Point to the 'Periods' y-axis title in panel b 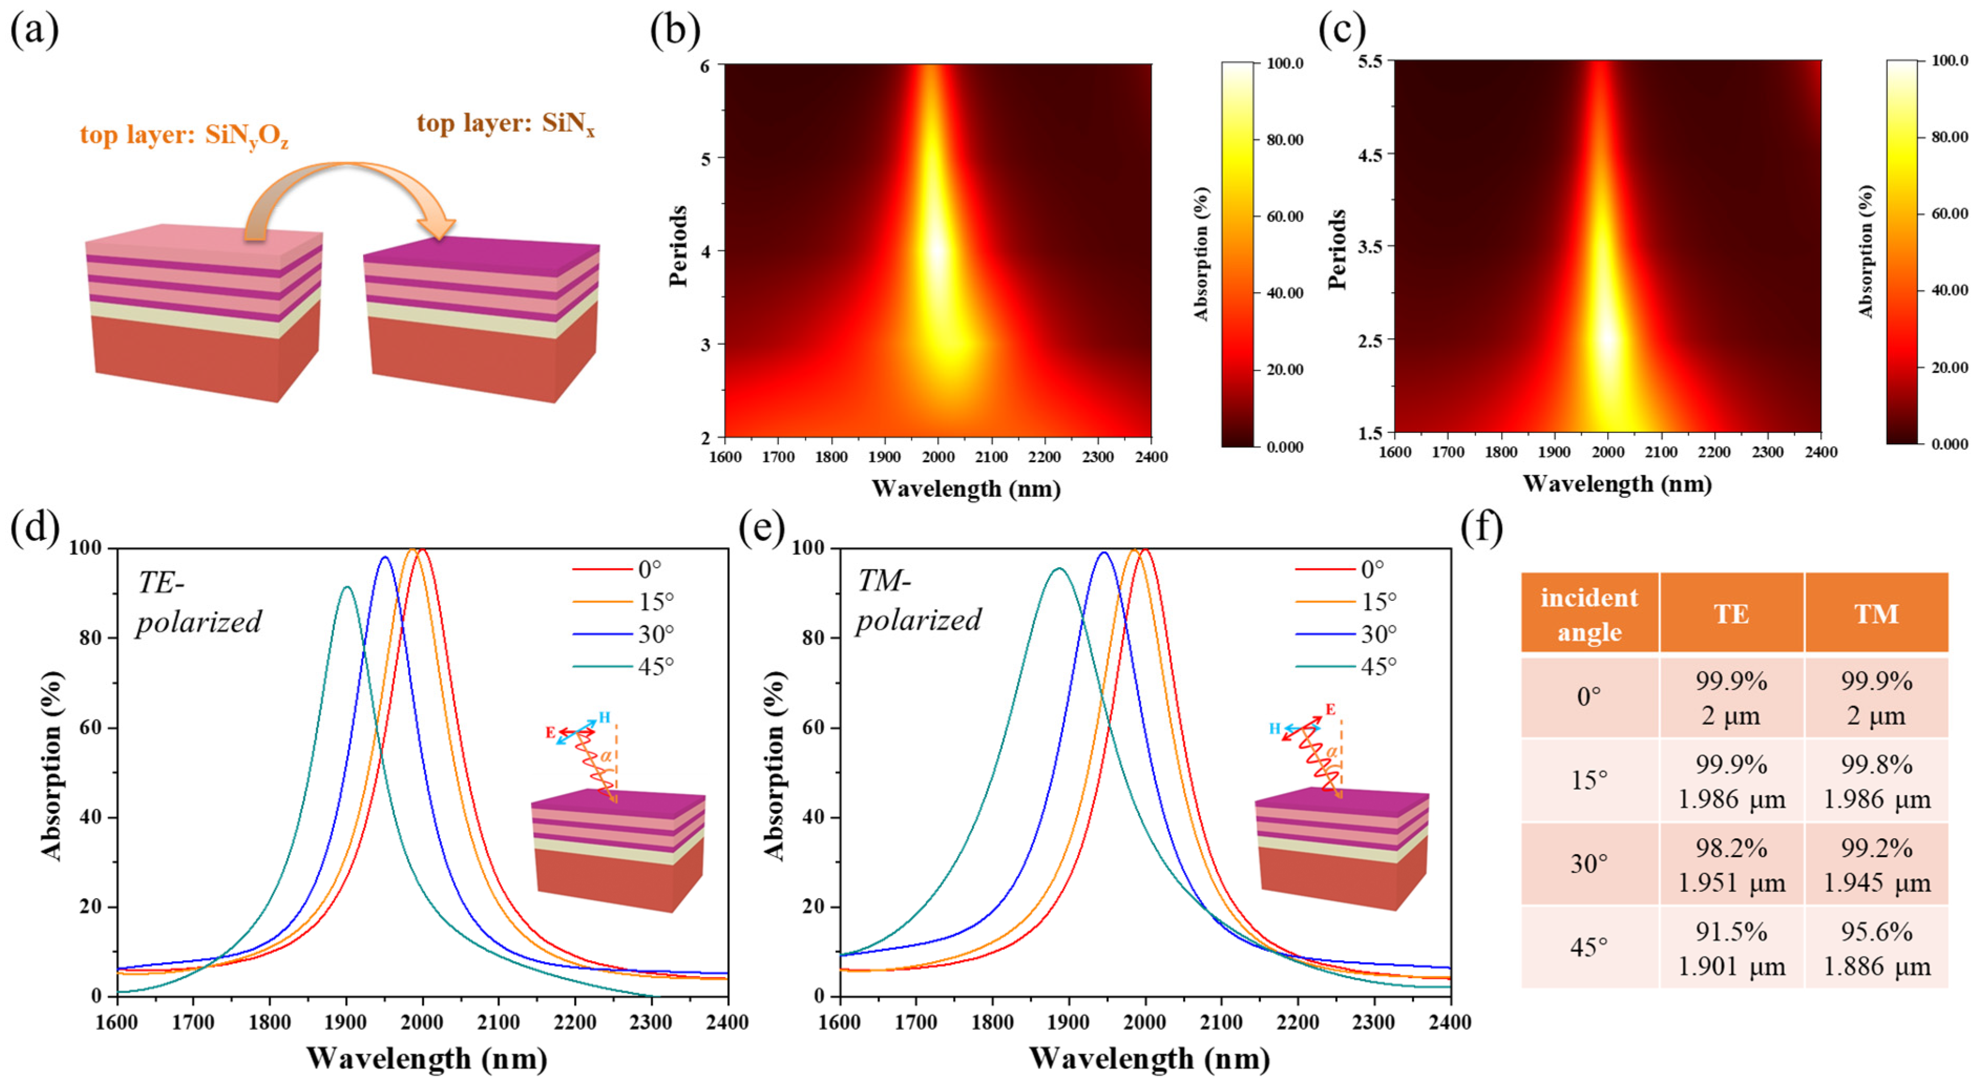pyautogui.click(x=678, y=246)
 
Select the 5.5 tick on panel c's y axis pyautogui.click(x=1370, y=60)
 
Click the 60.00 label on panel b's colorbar pyautogui.click(x=1284, y=216)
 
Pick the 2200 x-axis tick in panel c pyautogui.click(x=1714, y=452)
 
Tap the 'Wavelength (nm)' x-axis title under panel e pyautogui.click(x=1149, y=1059)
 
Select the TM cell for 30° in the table pyautogui.click(x=1876, y=864)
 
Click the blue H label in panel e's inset pyautogui.click(x=1274, y=728)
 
